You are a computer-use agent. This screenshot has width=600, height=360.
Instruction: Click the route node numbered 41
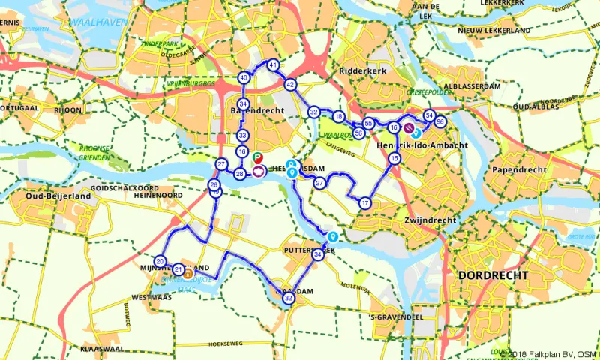click(273, 65)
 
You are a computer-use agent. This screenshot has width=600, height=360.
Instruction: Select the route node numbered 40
click(244, 78)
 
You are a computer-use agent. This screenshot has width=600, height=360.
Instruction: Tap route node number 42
click(290, 85)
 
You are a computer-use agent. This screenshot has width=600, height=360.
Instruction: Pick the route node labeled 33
click(242, 136)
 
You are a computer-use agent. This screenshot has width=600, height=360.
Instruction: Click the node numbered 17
click(365, 203)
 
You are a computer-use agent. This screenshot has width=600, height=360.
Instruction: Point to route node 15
click(394, 158)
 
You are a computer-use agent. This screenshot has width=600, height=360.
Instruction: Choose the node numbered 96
click(440, 122)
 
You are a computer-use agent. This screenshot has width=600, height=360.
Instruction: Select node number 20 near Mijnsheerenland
click(160, 261)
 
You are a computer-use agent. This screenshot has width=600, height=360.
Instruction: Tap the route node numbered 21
click(178, 269)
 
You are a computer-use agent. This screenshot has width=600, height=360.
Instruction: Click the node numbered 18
click(339, 117)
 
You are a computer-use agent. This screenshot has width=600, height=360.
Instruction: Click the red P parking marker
click(257, 157)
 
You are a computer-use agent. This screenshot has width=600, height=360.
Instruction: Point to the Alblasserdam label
click(472, 86)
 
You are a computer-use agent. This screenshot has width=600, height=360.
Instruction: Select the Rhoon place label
click(68, 109)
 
